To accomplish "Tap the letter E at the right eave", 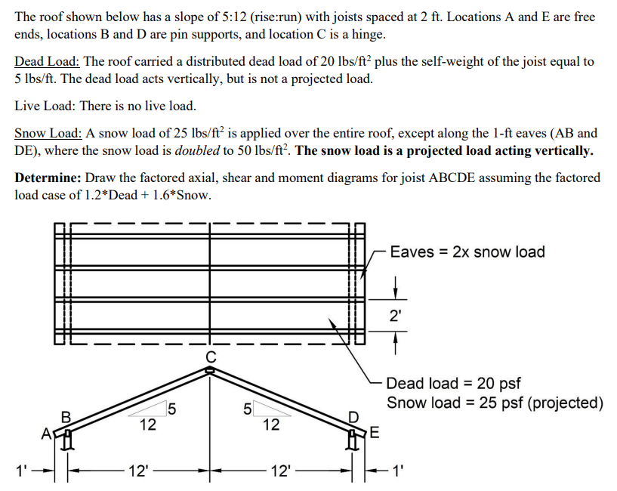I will coord(375,433).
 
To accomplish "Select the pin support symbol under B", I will coord(67,439).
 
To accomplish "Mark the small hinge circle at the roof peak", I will coord(210,369).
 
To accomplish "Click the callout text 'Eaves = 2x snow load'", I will coord(467,252).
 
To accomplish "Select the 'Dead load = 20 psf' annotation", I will coord(453,384).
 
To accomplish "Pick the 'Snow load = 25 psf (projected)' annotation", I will coord(495,403).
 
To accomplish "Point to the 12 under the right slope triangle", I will coord(270,425).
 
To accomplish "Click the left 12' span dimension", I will coord(138,472).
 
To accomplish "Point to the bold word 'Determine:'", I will coord(48,178).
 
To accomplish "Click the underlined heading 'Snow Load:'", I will coord(48,133).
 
